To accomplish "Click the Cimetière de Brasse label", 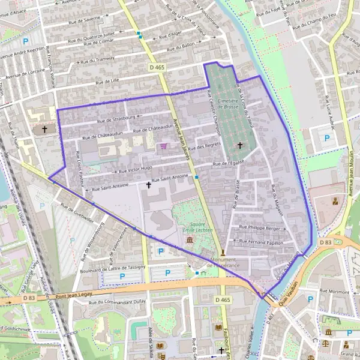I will [x=228, y=103].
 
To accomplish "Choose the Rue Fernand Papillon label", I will [x=262, y=241].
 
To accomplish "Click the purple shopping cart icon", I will [x=163, y=146].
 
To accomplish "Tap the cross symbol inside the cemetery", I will [x=241, y=145].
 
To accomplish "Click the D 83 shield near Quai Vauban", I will [x=326, y=242].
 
